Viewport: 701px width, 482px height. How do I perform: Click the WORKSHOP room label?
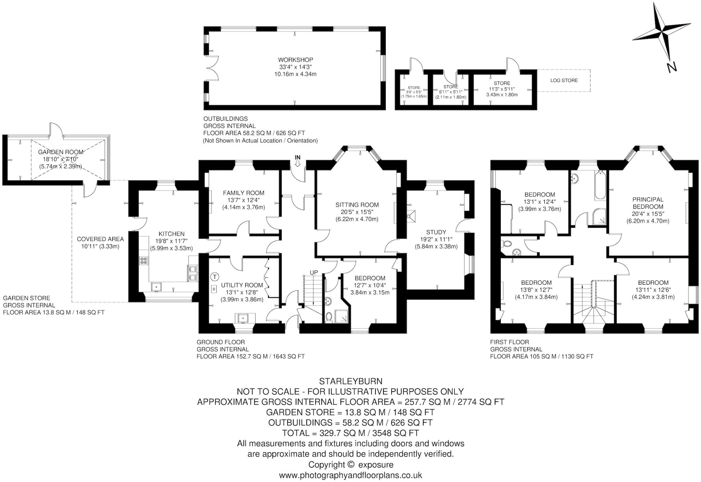[x=295, y=60]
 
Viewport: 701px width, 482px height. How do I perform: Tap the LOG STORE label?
[x=564, y=80]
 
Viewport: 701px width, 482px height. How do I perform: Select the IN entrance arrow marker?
[x=297, y=161]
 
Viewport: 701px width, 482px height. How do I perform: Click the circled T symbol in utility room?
[x=215, y=276]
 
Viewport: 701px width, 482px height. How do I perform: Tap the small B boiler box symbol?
[x=214, y=289]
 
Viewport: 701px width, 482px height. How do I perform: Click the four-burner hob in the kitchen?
[x=143, y=261]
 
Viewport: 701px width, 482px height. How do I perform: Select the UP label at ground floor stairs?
[x=314, y=272]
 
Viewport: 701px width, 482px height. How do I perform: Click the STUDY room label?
[x=436, y=232]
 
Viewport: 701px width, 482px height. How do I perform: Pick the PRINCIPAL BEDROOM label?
[x=648, y=203]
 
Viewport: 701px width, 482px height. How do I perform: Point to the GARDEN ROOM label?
[x=60, y=152]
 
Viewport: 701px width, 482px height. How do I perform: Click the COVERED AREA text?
[x=100, y=239]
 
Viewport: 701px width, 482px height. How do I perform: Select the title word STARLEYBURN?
[x=350, y=381]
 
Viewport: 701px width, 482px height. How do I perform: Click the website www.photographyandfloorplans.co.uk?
[x=350, y=475]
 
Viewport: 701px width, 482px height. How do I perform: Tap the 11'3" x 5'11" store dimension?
[x=502, y=89]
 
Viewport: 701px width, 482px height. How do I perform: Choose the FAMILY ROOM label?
[x=243, y=193]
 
